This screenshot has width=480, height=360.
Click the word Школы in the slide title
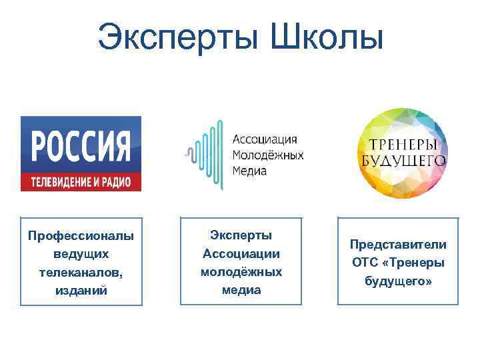coord(327,37)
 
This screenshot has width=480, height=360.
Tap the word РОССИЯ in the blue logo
coord(81,146)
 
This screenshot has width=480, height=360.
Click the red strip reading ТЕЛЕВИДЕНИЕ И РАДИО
coord(81,182)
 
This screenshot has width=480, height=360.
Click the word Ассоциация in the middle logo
coord(265,139)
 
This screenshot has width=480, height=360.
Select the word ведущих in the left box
coord(81,254)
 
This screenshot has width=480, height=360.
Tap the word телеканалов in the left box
coord(80,273)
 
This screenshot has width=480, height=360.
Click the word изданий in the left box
coord(81,291)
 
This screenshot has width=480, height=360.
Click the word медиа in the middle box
coord(241,291)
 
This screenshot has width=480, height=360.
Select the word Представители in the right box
coord(399,245)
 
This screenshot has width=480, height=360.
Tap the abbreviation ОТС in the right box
coord(365,263)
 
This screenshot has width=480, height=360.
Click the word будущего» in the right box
coord(399,282)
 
